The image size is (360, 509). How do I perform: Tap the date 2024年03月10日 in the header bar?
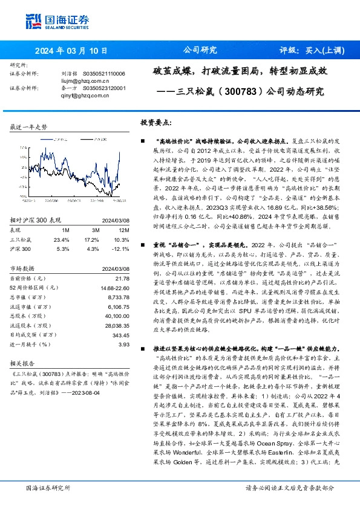71,51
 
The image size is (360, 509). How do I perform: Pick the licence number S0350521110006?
103,74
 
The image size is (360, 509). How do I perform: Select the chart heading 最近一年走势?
29,127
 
